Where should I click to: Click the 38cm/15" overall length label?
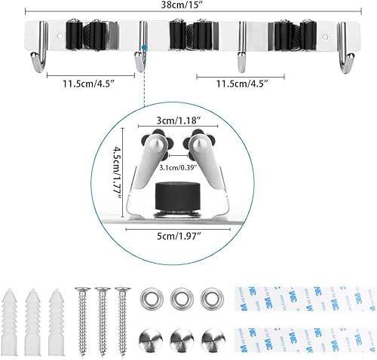[x=182, y=5]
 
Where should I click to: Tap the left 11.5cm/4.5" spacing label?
[x=89, y=84]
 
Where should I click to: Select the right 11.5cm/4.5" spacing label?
[x=242, y=84]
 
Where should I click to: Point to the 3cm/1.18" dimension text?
[x=179, y=121]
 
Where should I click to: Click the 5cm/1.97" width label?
[x=179, y=236]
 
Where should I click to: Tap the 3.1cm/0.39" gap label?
[x=178, y=167]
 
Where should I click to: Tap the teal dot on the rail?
[x=144, y=47]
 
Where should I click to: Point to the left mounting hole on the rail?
[x=60, y=36]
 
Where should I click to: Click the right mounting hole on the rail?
[x=325, y=37]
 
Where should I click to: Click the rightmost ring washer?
[x=213, y=299]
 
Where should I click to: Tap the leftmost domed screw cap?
[x=152, y=340]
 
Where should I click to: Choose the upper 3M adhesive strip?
[x=305, y=299]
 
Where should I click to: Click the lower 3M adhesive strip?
[x=305, y=340]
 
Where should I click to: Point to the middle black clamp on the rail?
[x=191, y=35]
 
